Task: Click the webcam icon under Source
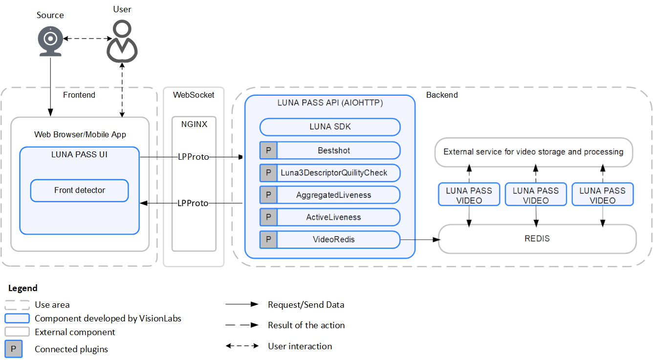click(50, 42)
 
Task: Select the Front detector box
click(79, 191)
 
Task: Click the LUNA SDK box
click(330, 127)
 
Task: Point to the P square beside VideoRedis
click(268, 239)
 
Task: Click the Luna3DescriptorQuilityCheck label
click(334, 172)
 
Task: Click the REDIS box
click(537, 239)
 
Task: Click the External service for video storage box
click(533, 152)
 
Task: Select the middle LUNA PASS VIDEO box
click(536, 195)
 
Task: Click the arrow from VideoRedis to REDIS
click(420, 239)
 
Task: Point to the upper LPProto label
click(193, 157)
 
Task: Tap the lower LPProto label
click(193, 203)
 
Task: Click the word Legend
click(23, 288)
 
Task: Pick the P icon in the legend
click(14, 349)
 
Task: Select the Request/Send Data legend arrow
click(241, 304)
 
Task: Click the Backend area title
click(442, 95)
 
